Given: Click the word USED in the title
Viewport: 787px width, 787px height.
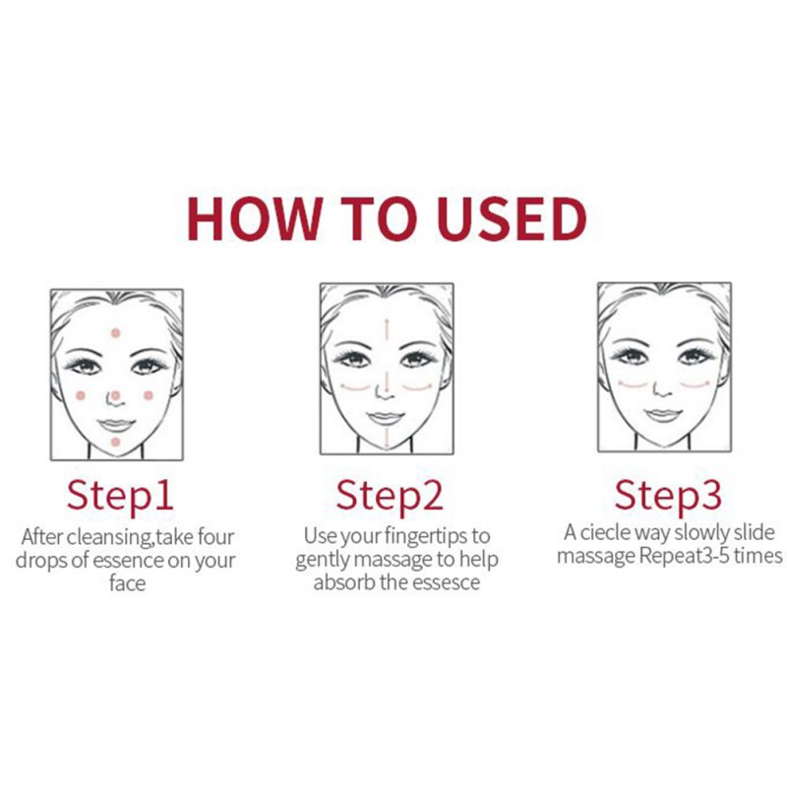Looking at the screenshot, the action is click(512, 218).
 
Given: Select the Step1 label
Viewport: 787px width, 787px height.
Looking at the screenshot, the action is click(120, 496).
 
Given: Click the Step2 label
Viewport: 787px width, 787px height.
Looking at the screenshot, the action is click(390, 496).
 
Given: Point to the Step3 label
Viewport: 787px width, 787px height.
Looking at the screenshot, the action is click(668, 496).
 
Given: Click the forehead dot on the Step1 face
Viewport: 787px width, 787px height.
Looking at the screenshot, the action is click(116, 333).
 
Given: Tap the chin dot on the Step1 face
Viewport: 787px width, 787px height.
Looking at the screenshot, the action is click(115, 442).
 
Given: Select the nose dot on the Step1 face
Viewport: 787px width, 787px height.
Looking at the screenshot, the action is click(115, 396).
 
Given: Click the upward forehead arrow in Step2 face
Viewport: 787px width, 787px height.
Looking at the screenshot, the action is click(387, 329).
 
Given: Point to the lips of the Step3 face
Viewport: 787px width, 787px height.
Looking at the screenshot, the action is click(663, 414).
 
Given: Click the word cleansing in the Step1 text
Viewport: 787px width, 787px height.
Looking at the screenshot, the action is click(109, 537).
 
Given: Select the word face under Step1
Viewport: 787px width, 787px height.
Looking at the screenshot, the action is click(128, 583).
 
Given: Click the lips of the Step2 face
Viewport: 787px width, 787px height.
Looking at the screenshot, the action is click(386, 417).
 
